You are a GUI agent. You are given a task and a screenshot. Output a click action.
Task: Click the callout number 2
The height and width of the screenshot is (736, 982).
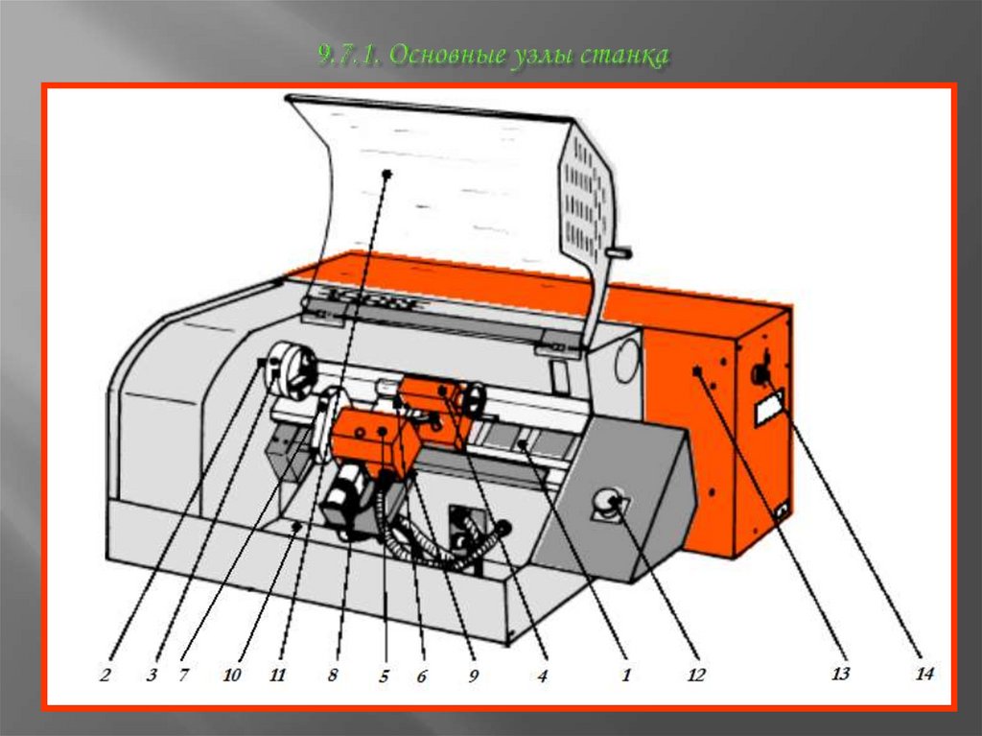105,675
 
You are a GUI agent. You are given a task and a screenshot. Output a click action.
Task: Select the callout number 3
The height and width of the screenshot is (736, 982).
152,675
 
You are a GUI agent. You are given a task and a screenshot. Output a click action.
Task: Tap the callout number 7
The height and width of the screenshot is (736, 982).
183,675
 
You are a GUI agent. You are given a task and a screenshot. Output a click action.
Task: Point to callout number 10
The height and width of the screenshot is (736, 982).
232,675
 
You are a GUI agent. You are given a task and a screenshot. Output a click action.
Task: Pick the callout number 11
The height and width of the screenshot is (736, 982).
277,675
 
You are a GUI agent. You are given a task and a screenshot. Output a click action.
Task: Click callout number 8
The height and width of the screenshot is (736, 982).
333,675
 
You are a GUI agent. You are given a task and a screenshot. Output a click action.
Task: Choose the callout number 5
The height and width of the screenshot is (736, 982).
384,676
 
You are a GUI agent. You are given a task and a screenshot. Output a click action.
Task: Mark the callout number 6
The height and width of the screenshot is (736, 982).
422,676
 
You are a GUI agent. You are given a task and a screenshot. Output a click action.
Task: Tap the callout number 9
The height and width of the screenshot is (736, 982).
473,676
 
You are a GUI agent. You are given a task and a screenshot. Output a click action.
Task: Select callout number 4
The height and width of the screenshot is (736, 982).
543,676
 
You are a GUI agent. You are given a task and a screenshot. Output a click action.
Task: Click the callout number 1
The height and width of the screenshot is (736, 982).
625,675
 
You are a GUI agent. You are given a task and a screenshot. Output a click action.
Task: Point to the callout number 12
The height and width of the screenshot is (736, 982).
696,675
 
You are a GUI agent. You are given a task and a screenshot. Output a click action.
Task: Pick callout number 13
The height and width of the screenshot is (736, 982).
840,674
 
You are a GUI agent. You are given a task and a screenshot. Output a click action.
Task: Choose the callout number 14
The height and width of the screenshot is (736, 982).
924,674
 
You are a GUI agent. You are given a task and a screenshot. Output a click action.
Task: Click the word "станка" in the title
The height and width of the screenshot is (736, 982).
623,55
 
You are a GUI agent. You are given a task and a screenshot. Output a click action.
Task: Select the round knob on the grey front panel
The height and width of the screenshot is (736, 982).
607,502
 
